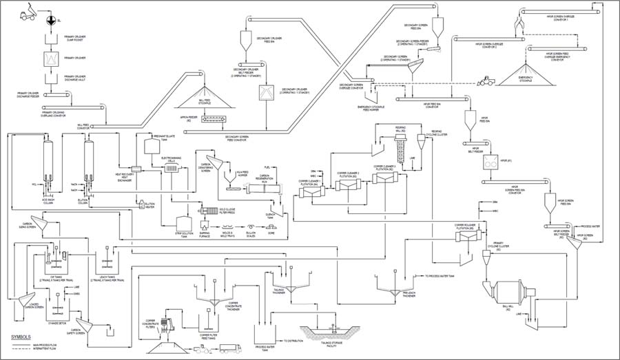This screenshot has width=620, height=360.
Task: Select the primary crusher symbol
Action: tap(50, 60)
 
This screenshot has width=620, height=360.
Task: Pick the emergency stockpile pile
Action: tap(528, 74)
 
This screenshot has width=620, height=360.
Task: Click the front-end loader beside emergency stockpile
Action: tap(487, 82)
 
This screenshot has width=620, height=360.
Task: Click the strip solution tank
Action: tap(184, 224)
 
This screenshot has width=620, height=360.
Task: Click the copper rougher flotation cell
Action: tap(469, 236)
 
